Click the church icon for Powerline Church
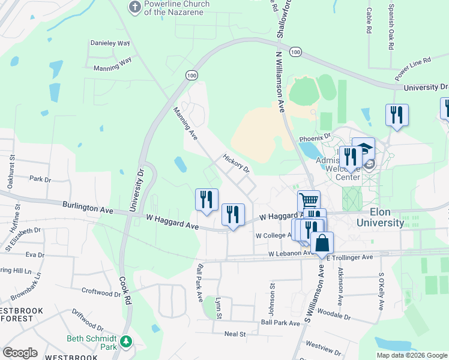click(135, 7)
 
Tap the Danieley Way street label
click(110, 43)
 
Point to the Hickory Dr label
click(236, 164)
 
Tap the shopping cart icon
click(309, 200)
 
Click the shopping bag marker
click(322, 242)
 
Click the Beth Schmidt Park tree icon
click(125, 342)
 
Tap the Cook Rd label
click(125, 291)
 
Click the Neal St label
click(235, 334)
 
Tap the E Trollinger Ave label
click(351, 257)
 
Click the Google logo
click(20, 352)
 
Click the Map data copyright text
click(411, 355)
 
